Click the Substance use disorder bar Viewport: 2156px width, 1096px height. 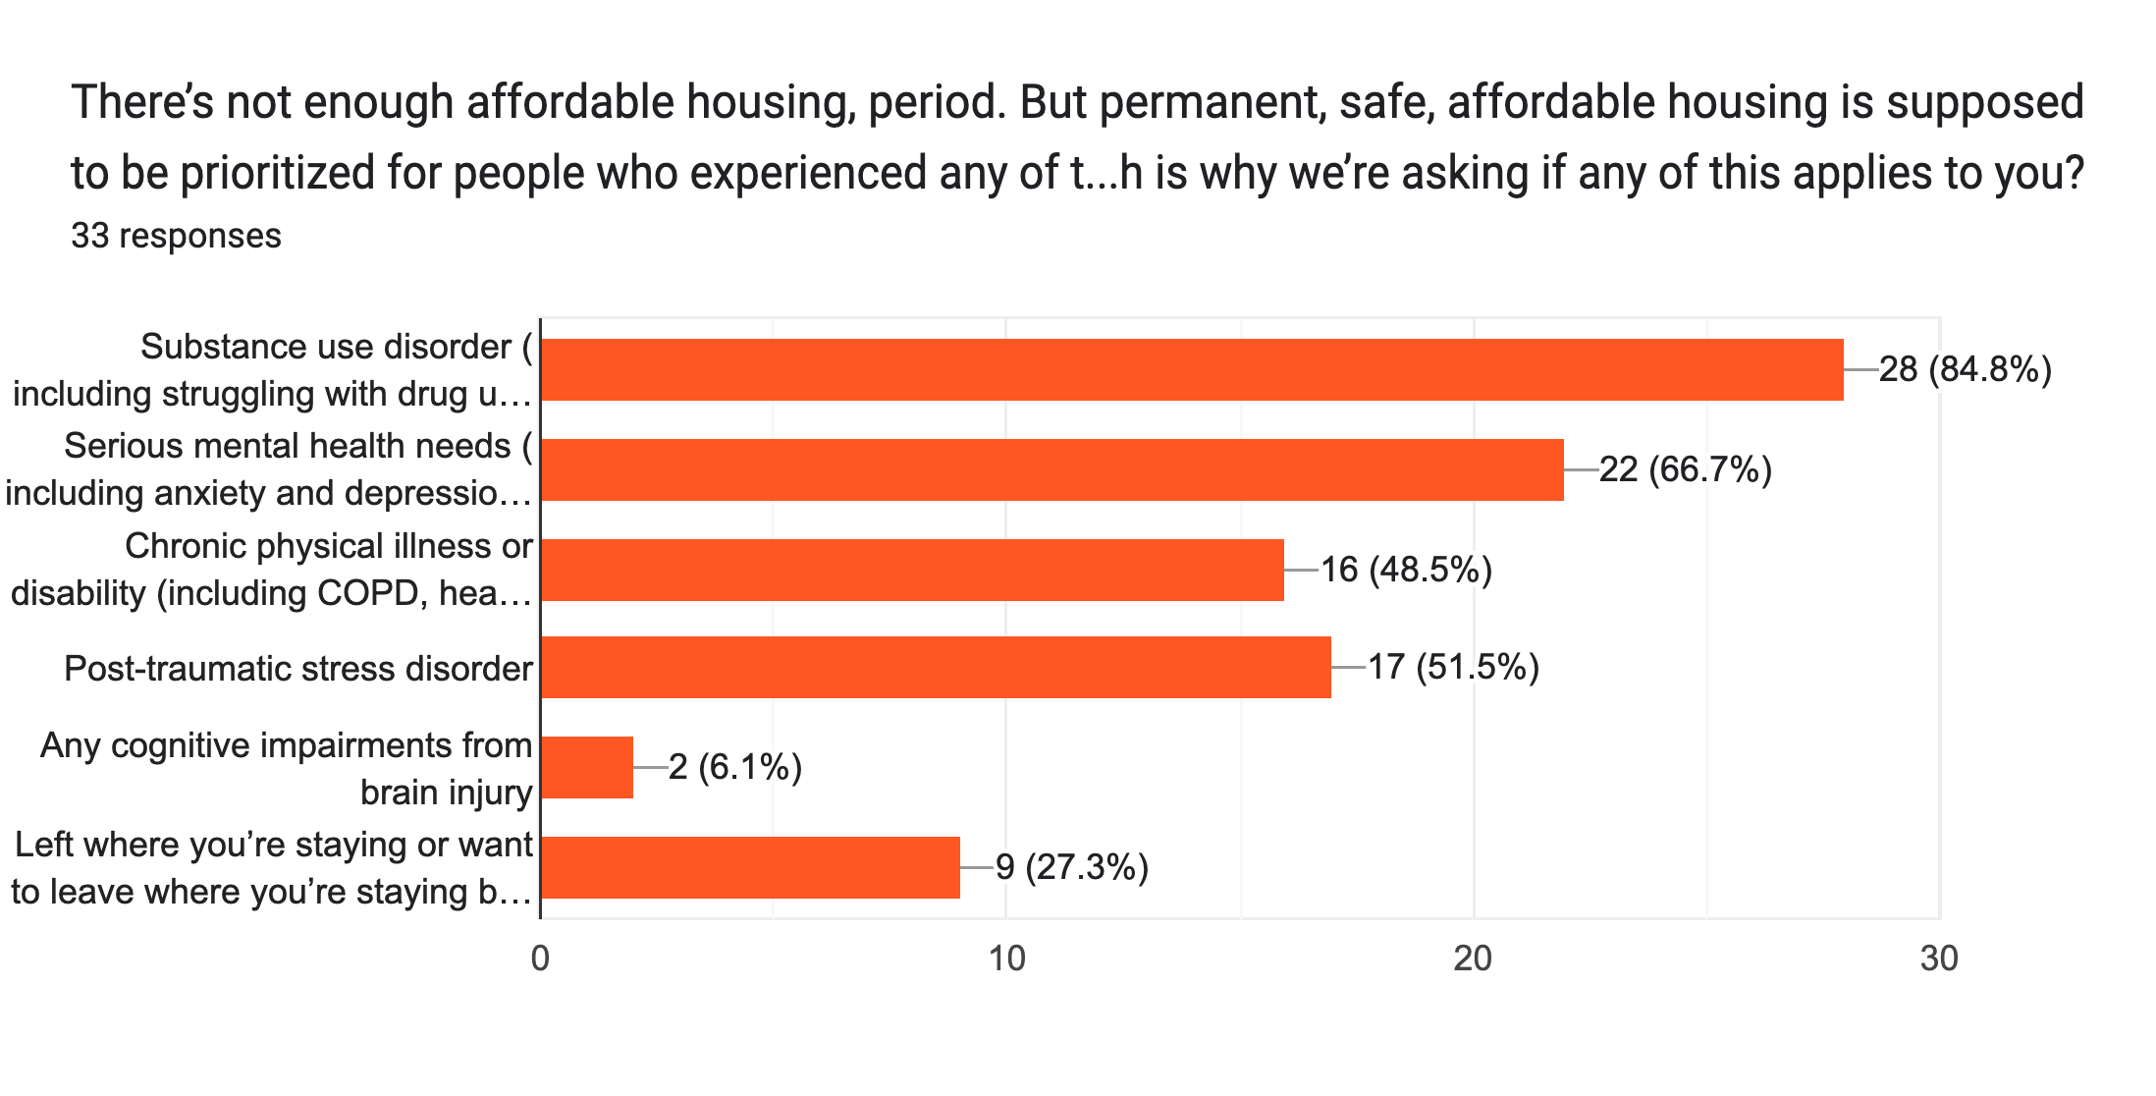[x=1192, y=370]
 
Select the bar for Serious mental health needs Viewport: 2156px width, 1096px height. [x=1051, y=470]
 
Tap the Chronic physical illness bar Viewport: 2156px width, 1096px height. [x=912, y=570]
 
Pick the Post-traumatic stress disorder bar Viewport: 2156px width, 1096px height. [x=936, y=668]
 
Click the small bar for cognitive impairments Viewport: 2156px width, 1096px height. [x=587, y=767]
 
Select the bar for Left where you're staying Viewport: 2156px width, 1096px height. [x=750, y=867]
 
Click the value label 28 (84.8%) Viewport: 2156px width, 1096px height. [x=1966, y=370]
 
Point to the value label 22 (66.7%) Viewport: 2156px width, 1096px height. [x=1686, y=470]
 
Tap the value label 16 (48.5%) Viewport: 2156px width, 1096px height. [x=1406, y=570]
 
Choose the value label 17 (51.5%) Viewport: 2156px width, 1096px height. [x=1453, y=668]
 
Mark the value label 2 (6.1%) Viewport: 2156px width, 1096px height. [x=735, y=767]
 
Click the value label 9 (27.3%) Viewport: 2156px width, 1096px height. [x=1072, y=868]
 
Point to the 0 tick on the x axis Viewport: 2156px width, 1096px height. [x=540, y=959]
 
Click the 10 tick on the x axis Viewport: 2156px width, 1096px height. [x=1006, y=959]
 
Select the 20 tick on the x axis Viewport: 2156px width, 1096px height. [x=1473, y=959]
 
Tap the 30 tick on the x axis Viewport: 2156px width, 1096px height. [x=1939, y=959]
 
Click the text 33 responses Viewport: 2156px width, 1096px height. [x=176, y=237]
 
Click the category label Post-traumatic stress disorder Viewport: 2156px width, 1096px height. [x=298, y=669]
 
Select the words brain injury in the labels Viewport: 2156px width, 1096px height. [x=447, y=793]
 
